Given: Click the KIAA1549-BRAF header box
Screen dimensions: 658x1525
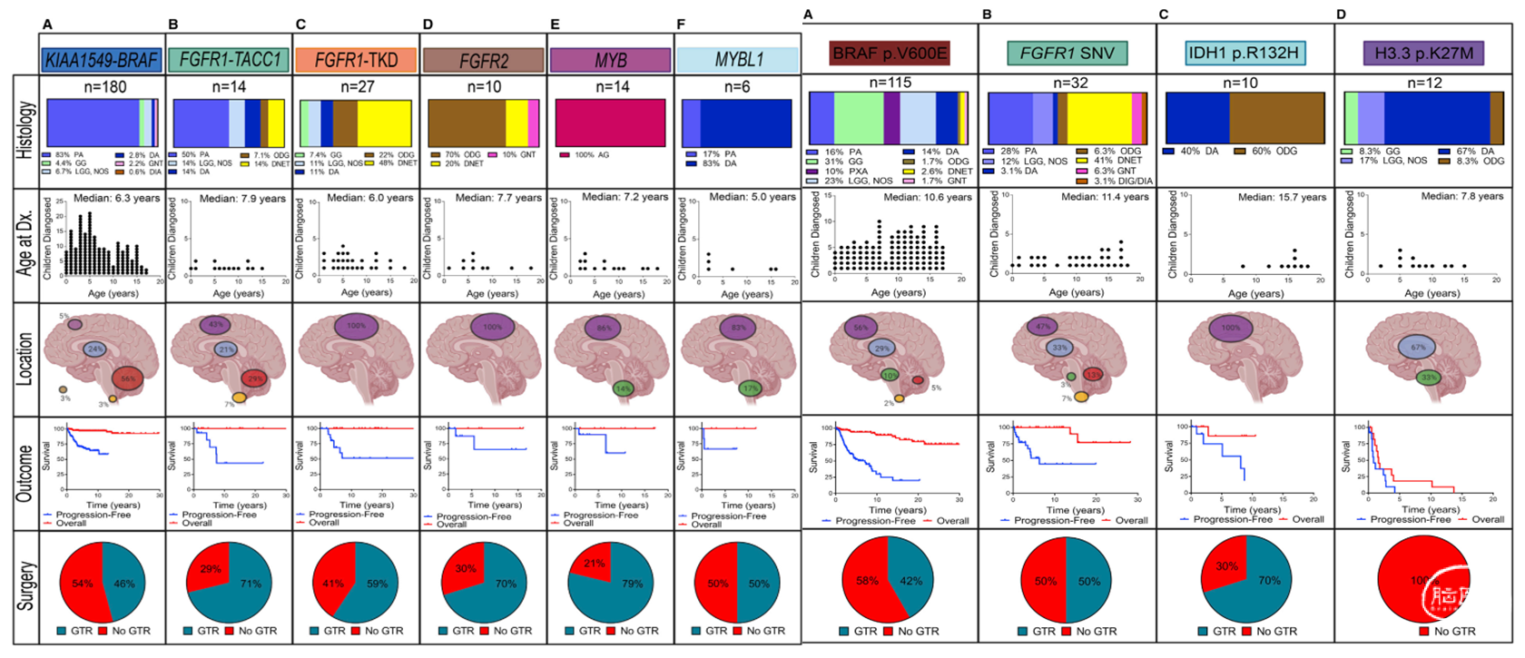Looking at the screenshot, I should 102,60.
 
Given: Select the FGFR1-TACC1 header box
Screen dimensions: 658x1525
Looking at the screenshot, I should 230,60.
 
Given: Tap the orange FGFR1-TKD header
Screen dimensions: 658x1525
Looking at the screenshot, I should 357,60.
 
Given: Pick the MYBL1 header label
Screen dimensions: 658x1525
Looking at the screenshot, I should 739,60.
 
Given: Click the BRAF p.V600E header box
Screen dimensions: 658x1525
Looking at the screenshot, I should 890,53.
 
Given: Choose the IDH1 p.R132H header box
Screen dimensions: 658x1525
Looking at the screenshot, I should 1244,53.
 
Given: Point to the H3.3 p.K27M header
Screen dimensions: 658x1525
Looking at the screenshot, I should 1422,53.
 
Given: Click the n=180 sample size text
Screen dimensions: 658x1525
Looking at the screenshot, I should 105,87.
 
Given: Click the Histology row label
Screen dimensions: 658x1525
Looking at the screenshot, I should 25,131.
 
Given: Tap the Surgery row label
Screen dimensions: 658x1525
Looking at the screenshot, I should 25,585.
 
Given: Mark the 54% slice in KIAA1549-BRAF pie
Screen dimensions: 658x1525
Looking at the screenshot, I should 83,584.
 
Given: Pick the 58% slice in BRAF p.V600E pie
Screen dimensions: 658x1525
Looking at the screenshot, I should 867,581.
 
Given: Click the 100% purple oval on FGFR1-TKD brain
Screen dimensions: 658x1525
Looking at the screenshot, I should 357,326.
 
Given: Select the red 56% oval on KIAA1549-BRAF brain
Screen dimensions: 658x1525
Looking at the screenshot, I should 128,378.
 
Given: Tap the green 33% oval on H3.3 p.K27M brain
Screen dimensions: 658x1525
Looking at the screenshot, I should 1429,378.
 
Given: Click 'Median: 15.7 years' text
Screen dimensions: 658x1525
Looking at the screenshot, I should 1282,197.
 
